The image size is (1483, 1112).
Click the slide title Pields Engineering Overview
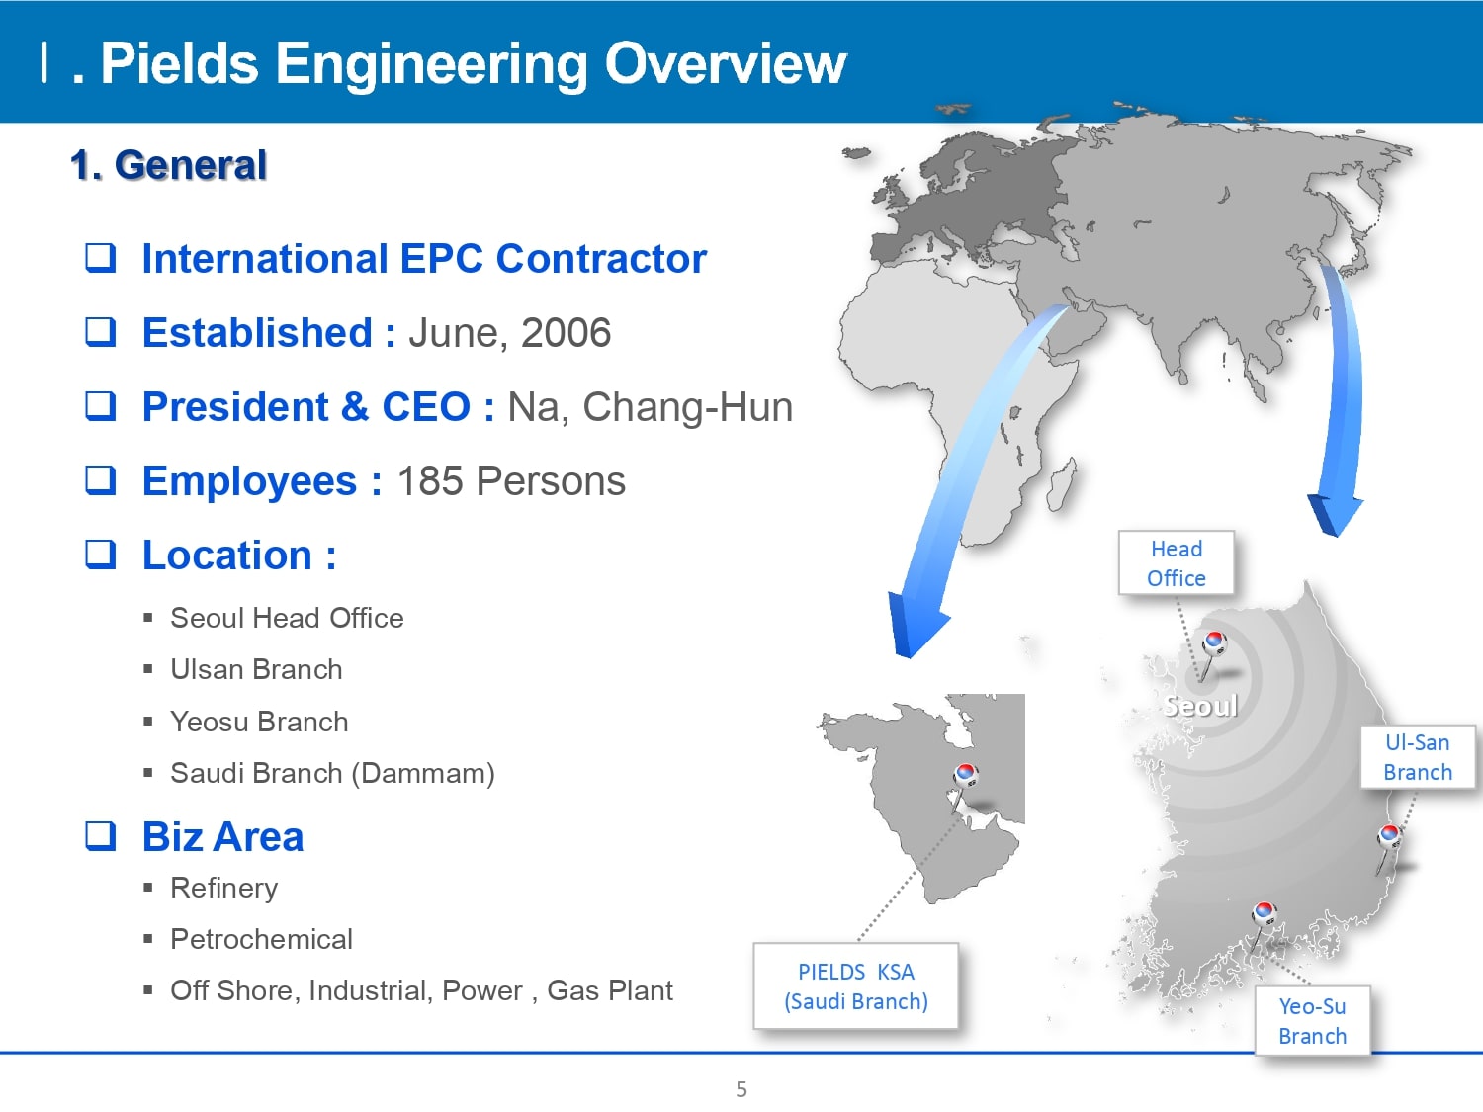(473, 64)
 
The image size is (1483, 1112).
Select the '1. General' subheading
(169, 165)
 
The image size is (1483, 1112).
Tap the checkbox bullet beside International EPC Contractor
(100, 258)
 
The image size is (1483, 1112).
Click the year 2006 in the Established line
(567, 333)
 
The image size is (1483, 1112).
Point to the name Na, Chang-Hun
(650, 407)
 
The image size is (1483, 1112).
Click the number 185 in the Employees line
(430, 481)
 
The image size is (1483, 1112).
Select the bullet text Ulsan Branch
(256, 670)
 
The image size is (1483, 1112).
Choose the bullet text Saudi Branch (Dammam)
(332, 774)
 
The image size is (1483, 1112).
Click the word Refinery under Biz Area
(223, 888)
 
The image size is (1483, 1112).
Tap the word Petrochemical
(261, 939)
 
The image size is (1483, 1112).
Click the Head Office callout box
(1177, 563)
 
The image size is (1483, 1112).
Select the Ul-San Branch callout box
(1418, 757)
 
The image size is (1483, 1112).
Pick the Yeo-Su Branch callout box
(1313, 1021)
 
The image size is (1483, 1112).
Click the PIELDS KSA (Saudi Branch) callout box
(856, 986)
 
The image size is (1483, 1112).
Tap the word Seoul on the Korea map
(1200, 706)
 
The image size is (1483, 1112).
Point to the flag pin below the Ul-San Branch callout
(1388, 837)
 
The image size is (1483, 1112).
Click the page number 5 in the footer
(741, 1089)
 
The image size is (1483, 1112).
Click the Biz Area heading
(223, 837)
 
